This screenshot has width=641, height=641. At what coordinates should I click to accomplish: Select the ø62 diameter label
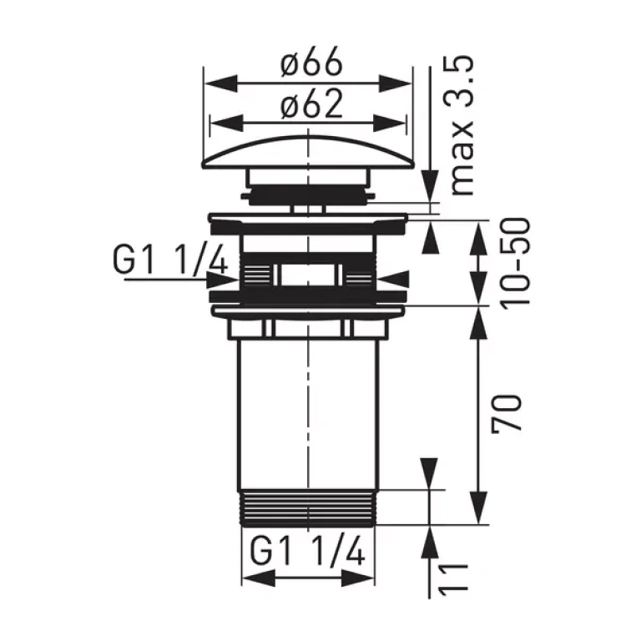click(x=311, y=103)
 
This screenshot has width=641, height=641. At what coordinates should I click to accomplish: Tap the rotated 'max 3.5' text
click(x=462, y=126)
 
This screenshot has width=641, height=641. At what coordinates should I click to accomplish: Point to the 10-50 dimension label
click(x=517, y=262)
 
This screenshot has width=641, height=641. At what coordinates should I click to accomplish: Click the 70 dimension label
click(x=507, y=412)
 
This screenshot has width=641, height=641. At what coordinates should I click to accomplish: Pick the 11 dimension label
click(x=454, y=577)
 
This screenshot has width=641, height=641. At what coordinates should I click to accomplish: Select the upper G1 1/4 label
click(x=169, y=260)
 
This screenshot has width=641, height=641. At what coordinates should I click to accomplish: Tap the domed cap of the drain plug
click(x=308, y=152)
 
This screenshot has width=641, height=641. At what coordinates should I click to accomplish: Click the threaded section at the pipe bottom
click(x=309, y=507)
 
